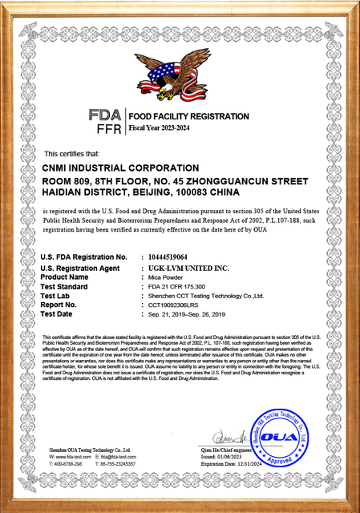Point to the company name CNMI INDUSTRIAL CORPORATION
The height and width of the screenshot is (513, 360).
pyautogui.click(x=120, y=168)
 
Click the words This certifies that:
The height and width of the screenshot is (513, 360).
pyautogui.click(x=71, y=152)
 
